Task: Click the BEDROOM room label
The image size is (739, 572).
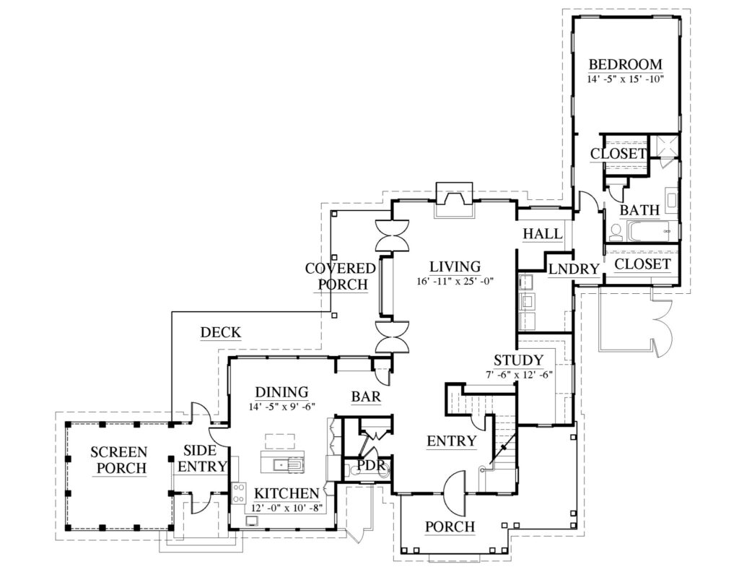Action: pos(625,63)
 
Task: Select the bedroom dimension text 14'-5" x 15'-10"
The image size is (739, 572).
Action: pos(625,78)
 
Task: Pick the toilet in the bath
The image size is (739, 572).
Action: pos(616,232)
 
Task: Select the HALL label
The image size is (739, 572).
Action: pos(542,233)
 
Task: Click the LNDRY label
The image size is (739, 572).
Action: pos(574,269)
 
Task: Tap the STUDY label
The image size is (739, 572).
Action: pos(518,360)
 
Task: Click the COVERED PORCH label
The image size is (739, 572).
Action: pos(341,276)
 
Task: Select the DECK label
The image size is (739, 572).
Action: pos(220,332)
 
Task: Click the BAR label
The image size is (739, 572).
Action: pos(366,396)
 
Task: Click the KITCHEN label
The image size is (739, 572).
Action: pos(287,493)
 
